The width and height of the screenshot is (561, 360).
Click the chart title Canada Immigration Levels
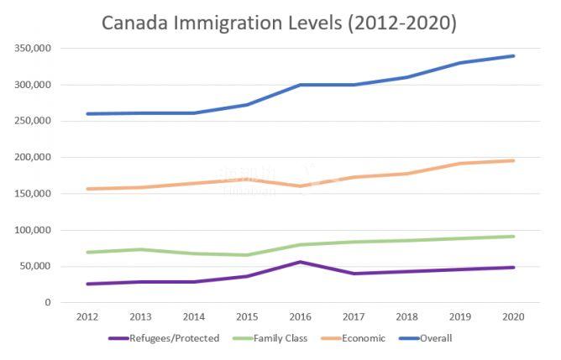tap(279, 23)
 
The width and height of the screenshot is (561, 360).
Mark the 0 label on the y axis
tap(48, 303)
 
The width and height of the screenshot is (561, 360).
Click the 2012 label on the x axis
tap(87, 317)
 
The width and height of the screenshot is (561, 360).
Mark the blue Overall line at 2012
tap(87, 114)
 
